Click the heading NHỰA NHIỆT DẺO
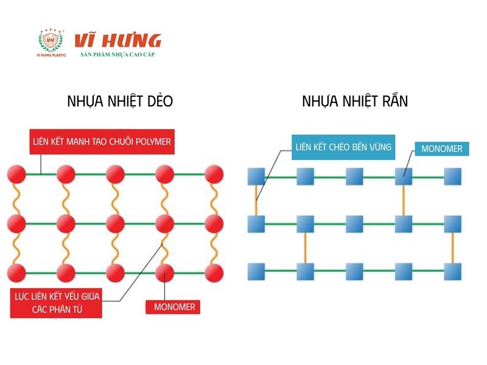coord(120,102)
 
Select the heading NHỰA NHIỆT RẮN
coord(355,102)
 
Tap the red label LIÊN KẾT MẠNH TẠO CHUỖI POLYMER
coord(102,142)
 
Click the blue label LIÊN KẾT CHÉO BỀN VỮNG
coord(343,147)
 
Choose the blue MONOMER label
coord(442,148)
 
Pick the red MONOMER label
coord(174,307)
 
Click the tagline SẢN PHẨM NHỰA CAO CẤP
coord(118,55)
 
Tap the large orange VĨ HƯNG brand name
coord(117,40)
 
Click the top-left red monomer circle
coord(16,175)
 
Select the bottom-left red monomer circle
coord(16,271)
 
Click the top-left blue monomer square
coord(257,176)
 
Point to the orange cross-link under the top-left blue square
coord(257,200)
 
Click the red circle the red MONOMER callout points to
coord(164,271)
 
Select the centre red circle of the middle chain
coord(115,223)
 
